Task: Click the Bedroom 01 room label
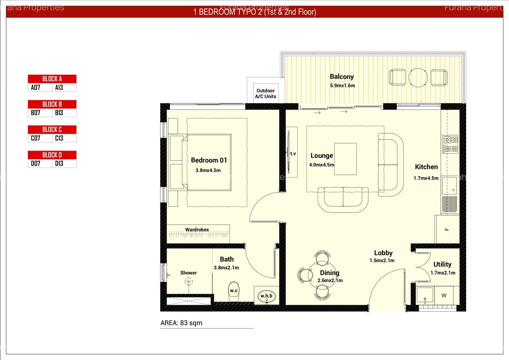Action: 209,160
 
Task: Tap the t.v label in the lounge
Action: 293,153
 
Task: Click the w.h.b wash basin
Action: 266,296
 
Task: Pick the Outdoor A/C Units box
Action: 266,93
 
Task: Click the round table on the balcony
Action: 417,78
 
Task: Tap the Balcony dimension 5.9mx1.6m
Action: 342,85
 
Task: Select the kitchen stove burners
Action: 450,144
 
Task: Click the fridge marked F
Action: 447,229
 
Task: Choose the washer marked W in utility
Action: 444,295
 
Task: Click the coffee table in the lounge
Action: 345,159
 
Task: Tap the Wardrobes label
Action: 197,230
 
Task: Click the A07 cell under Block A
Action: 40,88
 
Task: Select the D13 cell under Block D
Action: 64,163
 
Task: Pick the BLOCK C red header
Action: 52,129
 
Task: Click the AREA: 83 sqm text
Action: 181,323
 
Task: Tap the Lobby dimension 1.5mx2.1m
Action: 382,261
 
